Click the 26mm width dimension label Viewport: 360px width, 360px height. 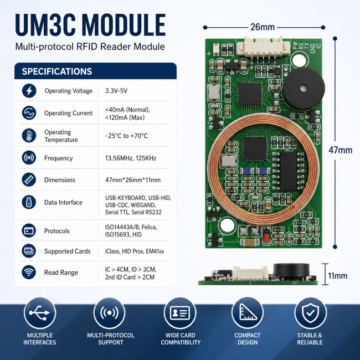coord(263,27)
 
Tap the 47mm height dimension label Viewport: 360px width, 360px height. coord(340,150)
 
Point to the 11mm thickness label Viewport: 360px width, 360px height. coord(337,275)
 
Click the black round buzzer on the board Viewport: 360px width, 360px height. coord(304,89)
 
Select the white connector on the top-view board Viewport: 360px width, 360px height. coord(263,48)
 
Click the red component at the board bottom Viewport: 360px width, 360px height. coord(266,235)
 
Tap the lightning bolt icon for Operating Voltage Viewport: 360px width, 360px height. coord(29,91)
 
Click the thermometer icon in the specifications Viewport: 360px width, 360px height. coord(29,136)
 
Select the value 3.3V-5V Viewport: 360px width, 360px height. coord(116,91)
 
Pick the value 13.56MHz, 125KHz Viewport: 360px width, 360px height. coord(131,158)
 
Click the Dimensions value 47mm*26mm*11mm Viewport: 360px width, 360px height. coord(133,180)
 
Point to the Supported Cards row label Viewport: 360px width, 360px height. coord(67,251)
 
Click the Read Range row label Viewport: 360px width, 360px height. coord(61,272)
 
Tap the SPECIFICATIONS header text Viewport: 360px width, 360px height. coord(57,71)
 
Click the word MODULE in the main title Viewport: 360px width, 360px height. coord(124,25)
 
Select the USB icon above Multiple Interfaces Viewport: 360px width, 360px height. coord(40,313)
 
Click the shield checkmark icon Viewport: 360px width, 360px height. coord(310,313)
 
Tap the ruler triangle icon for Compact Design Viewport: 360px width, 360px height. coord(248,313)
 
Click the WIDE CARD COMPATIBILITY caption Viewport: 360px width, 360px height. coord(181,338)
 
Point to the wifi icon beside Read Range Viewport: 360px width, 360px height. coord(29,272)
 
